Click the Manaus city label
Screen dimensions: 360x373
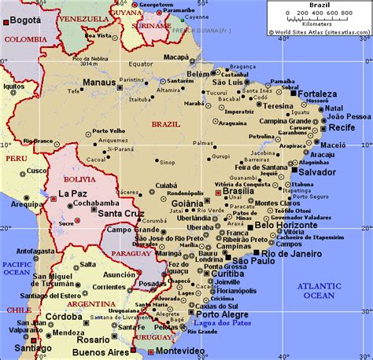pyautogui.click(x=99, y=82)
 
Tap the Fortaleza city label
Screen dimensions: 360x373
pyautogui.click(x=319, y=94)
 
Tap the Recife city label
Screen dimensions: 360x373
pyautogui.click(x=342, y=127)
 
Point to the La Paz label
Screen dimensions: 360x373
pyautogui.click(x=72, y=193)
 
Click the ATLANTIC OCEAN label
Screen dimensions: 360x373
pyautogui.click(x=320, y=291)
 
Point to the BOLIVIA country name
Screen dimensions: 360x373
pyautogui.click(x=68, y=179)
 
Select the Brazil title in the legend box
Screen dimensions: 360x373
pyautogui.click(x=319, y=5)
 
